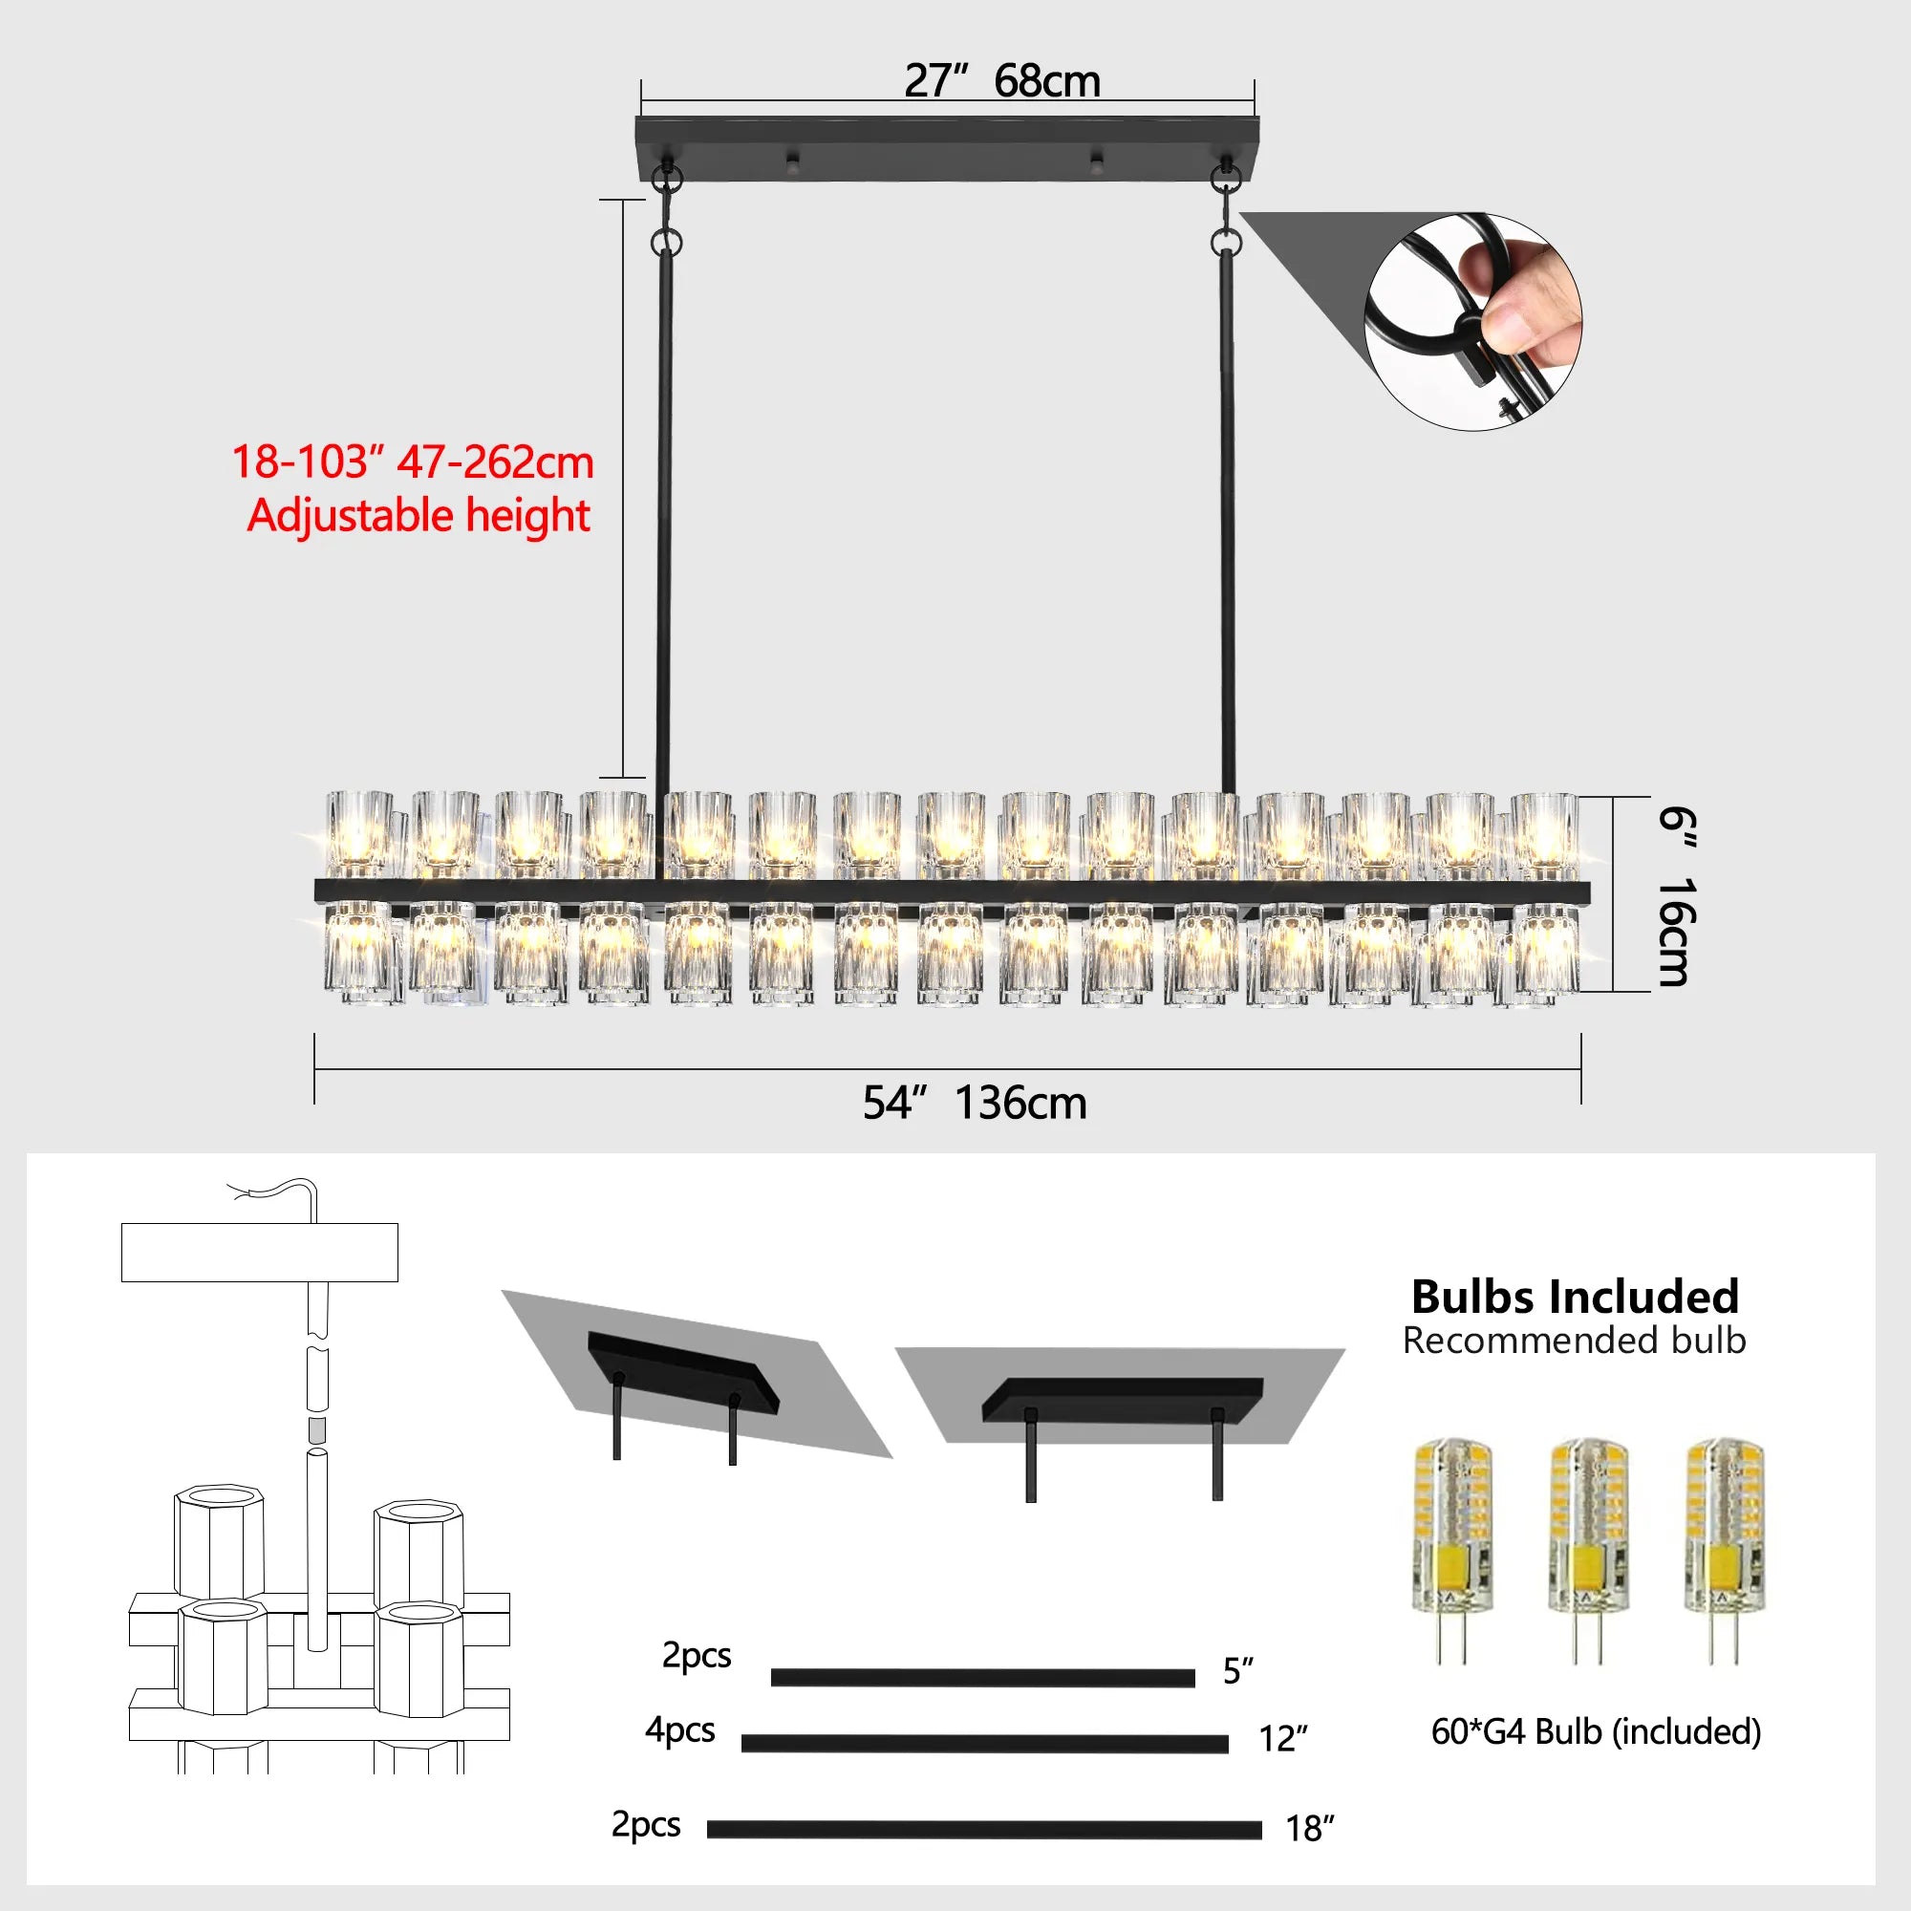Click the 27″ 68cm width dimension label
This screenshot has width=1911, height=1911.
click(x=1001, y=81)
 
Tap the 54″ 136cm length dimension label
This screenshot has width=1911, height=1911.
click(x=975, y=1103)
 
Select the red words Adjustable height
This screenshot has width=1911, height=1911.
click(x=419, y=516)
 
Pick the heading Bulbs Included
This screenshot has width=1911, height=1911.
click(x=1575, y=1297)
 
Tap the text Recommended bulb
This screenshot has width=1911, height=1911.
click(x=1574, y=1342)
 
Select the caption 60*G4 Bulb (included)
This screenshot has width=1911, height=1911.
click(x=1596, y=1732)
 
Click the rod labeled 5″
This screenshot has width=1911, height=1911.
click(x=982, y=1678)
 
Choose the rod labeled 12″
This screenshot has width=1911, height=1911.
click(x=984, y=1744)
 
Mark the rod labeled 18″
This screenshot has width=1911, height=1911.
click(x=984, y=1830)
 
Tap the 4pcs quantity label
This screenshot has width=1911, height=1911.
click(x=679, y=1730)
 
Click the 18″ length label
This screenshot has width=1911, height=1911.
click(x=1310, y=1829)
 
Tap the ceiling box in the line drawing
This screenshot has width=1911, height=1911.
click(x=259, y=1253)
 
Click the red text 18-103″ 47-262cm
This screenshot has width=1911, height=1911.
click(x=413, y=462)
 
